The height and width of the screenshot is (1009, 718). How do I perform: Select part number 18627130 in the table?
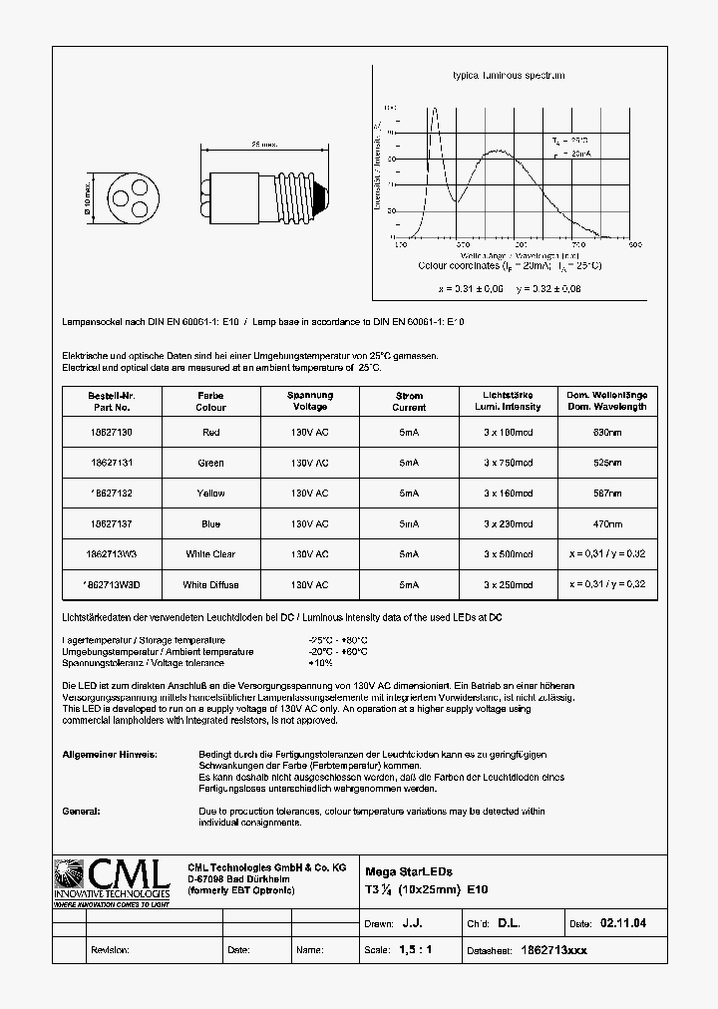[110, 433]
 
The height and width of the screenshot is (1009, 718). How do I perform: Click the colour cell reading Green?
[210, 463]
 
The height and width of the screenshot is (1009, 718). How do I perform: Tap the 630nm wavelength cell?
[607, 433]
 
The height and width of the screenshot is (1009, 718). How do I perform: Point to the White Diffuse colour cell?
[210, 584]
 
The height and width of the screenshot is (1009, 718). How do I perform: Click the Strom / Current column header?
[408, 401]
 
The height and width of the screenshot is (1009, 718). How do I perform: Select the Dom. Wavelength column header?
[607, 401]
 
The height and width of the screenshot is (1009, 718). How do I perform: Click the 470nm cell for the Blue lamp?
[607, 523]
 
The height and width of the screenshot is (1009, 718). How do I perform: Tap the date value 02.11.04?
[623, 924]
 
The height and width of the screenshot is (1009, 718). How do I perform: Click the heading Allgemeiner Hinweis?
[102, 755]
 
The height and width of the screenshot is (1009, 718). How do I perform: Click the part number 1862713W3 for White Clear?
[110, 554]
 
